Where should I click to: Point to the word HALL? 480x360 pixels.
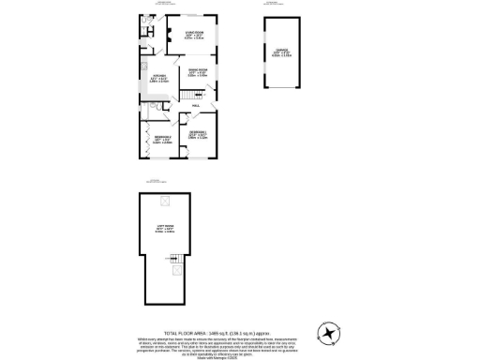(x=196, y=106)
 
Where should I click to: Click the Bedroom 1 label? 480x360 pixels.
(x=199, y=133)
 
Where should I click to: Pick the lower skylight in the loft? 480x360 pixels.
(x=176, y=272)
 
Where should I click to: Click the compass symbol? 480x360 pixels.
(x=328, y=332)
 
